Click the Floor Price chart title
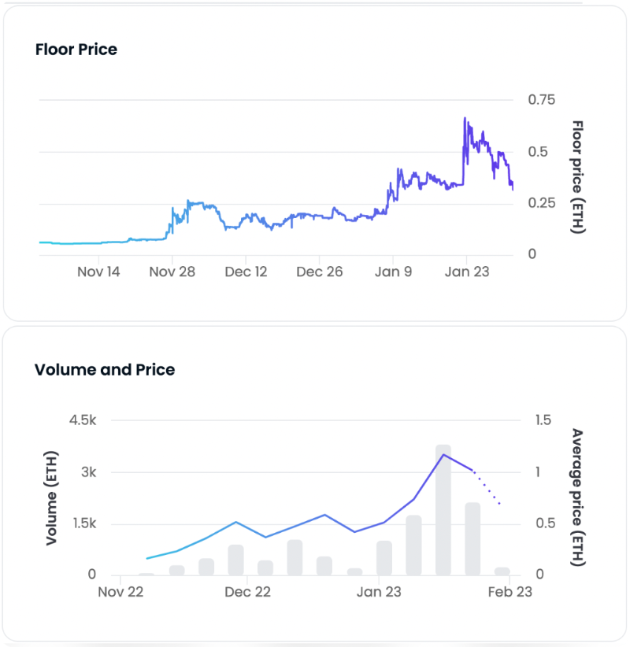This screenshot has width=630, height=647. click(76, 50)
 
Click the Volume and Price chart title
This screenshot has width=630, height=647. click(105, 370)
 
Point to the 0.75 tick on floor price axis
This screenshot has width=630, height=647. click(541, 100)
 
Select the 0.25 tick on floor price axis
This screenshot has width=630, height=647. click(541, 203)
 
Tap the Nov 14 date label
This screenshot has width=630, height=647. click(100, 272)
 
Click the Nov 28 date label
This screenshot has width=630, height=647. click(172, 272)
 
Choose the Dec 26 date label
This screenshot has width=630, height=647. click(320, 272)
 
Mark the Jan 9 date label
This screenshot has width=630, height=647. click(393, 272)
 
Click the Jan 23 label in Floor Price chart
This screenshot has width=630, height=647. click(467, 272)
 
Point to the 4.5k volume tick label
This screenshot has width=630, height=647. click(82, 421)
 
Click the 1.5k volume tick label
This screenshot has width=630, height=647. click(82, 524)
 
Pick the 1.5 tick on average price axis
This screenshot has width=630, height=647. click(544, 421)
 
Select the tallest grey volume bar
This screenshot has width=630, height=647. click(443, 510)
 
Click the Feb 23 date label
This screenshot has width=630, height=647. click(510, 593)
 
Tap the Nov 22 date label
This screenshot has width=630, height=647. click(120, 593)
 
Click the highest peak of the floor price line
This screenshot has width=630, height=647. click(465, 119)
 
